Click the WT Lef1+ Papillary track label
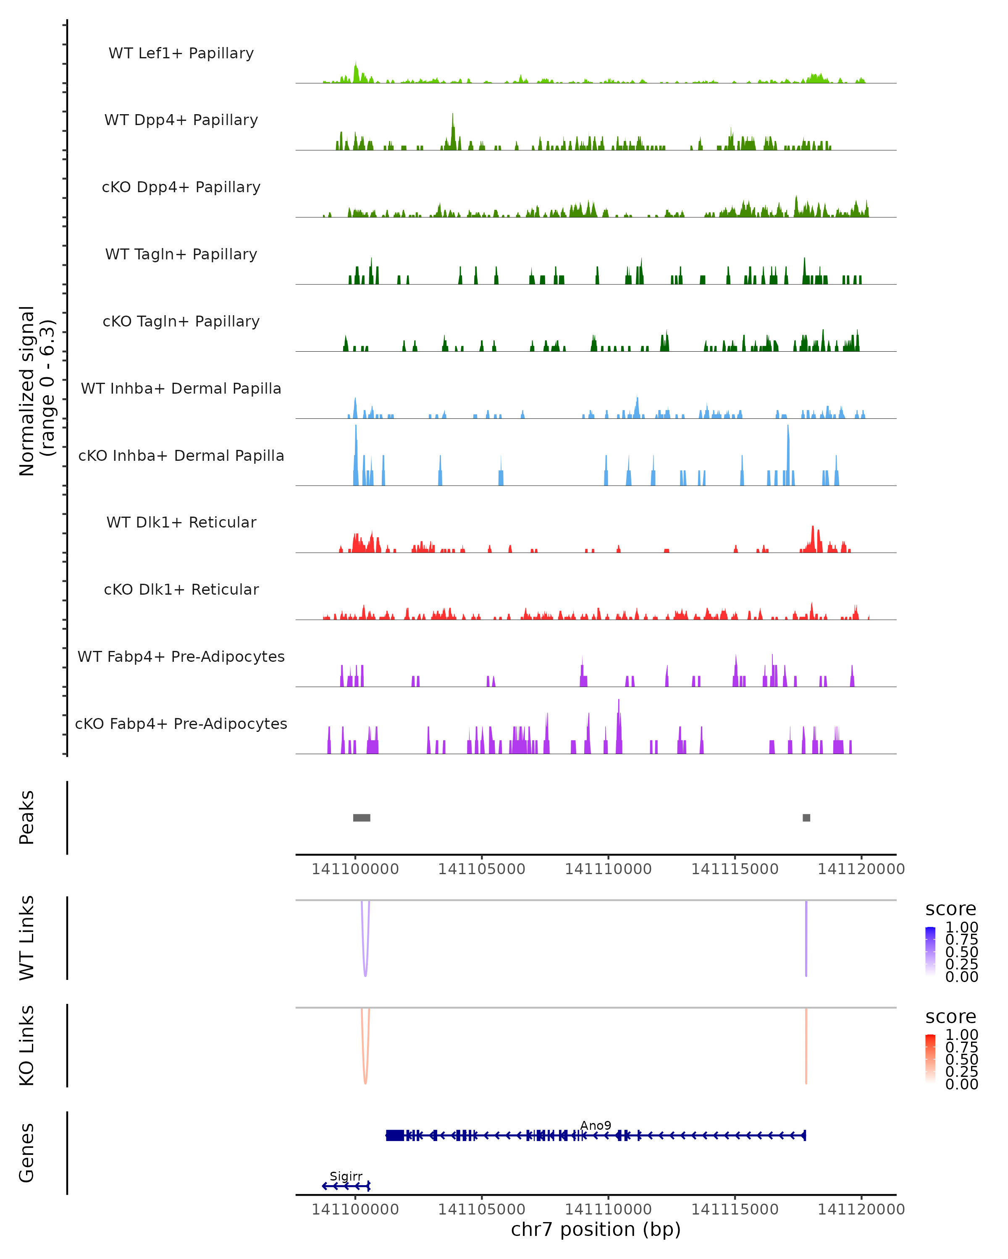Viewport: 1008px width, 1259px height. pyautogui.click(x=181, y=53)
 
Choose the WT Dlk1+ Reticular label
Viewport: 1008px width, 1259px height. pyautogui.click(x=181, y=522)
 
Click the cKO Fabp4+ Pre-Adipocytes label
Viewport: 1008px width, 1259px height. pyautogui.click(x=181, y=724)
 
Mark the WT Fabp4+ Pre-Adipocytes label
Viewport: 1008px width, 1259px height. pyautogui.click(x=181, y=656)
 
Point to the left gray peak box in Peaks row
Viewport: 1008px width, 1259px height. pyautogui.click(x=362, y=818)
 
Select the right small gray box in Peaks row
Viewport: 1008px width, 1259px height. pyautogui.click(x=806, y=818)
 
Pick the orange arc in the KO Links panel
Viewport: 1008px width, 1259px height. pyautogui.click(x=365, y=1081)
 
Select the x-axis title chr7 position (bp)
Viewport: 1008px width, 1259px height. pyautogui.click(x=596, y=1229)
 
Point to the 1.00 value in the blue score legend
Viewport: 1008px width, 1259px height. pyautogui.click(x=961, y=927)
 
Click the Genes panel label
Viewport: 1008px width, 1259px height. pyautogui.click(x=27, y=1153)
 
